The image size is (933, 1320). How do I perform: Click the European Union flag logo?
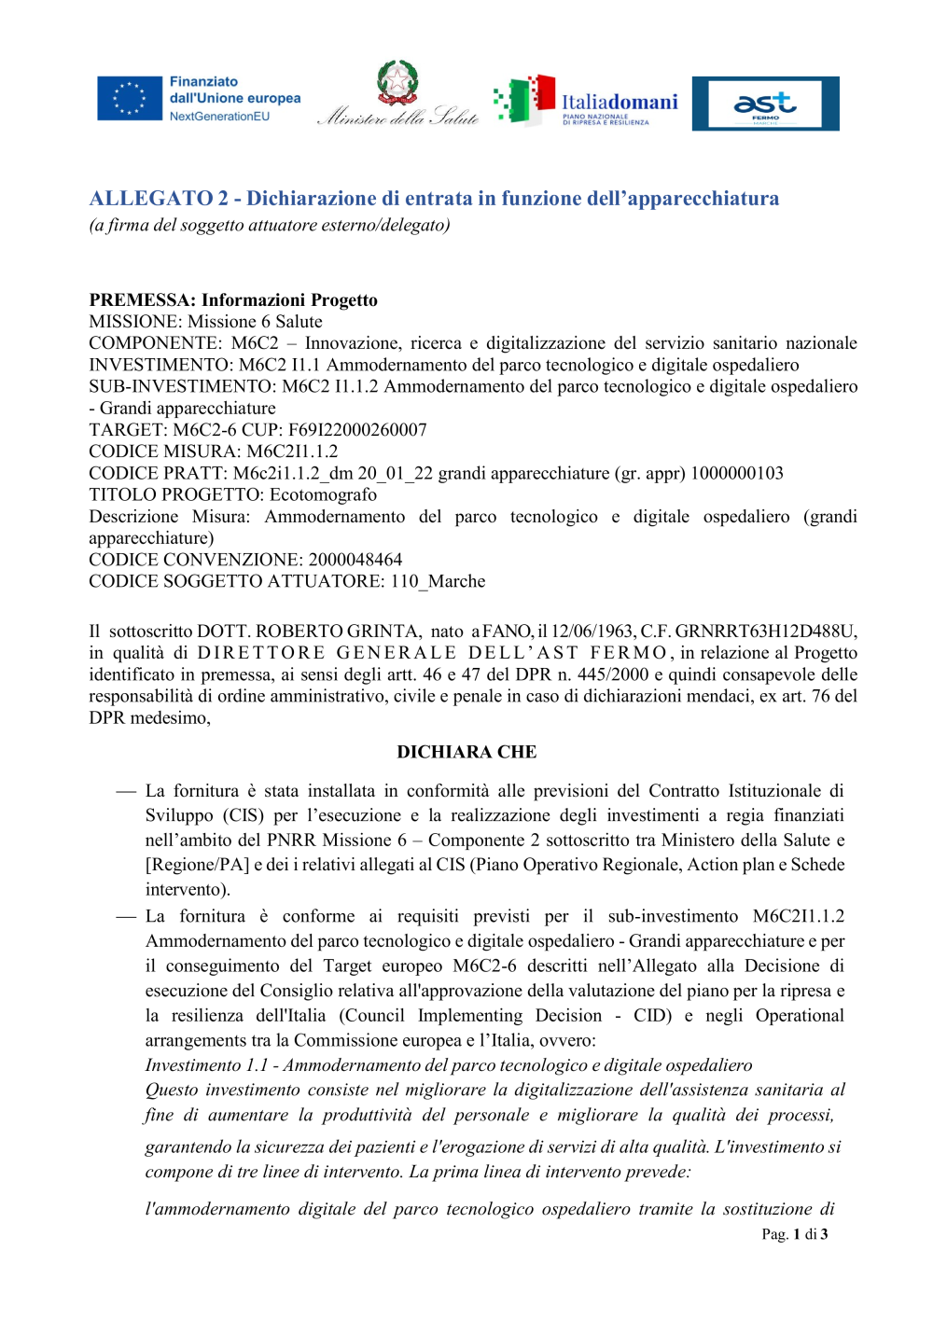pyautogui.click(x=130, y=99)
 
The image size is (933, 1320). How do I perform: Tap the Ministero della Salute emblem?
pyautogui.click(x=398, y=84)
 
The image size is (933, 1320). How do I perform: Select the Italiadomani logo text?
pyautogui.click(x=620, y=102)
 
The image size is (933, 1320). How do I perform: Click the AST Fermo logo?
pyautogui.click(x=765, y=104)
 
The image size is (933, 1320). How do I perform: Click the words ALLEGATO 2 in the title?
pyautogui.click(x=159, y=199)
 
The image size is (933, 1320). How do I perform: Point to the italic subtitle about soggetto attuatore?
pyautogui.click(x=270, y=225)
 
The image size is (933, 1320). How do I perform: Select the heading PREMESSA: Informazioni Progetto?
pyautogui.click(x=233, y=300)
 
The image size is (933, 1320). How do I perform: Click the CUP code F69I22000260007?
pyautogui.click(x=357, y=430)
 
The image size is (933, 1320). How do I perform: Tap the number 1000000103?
pyautogui.click(x=737, y=473)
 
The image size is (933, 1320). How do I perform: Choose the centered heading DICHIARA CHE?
pyautogui.click(x=466, y=752)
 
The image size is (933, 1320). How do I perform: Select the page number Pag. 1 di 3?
pyautogui.click(x=794, y=1234)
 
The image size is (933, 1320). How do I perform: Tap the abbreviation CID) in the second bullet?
pyautogui.click(x=652, y=1016)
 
